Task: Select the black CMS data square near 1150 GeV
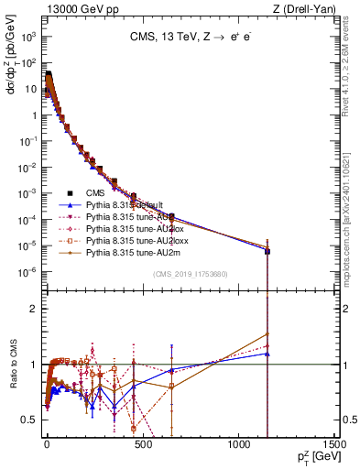(x=267, y=250)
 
